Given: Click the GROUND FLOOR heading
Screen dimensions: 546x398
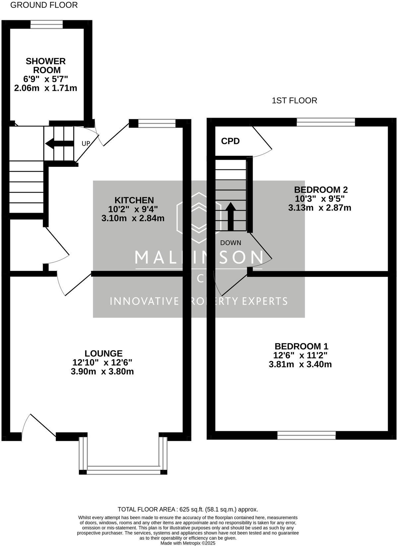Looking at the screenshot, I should click(x=44, y=5).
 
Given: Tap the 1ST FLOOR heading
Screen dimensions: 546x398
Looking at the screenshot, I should click(x=294, y=100).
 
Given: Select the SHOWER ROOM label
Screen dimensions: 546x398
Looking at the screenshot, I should click(x=46, y=66).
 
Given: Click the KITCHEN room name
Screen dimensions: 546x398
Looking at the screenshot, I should click(x=134, y=200).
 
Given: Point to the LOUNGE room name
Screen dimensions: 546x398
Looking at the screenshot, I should click(x=103, y=353).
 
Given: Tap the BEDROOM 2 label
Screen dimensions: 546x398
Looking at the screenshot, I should click(x=321, y=190).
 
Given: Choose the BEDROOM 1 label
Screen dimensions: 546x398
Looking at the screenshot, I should click(x=301, y=346).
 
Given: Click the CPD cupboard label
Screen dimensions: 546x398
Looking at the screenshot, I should click(x=230, y=141).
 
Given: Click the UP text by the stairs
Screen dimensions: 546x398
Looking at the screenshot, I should click(x=86, y=144).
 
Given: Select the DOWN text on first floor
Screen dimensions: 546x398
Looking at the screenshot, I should click(x=231, y=243).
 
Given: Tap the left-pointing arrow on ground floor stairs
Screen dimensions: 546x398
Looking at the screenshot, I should click(x=59, y=144).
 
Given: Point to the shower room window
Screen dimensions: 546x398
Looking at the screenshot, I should click(x=46, y=24).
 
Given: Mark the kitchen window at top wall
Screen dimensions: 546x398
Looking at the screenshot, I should click(x=157, y=123).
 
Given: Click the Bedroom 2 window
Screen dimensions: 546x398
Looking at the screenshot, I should click(x=325, y=122).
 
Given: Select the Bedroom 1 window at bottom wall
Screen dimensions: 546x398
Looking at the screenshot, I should click(x=306, y=435).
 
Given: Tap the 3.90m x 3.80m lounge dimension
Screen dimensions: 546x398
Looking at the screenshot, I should click(x=102, y=372).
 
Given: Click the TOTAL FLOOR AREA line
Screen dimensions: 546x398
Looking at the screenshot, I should click(x=188, y=510).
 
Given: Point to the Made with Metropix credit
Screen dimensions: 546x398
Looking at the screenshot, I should click(x=188, y=543).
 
